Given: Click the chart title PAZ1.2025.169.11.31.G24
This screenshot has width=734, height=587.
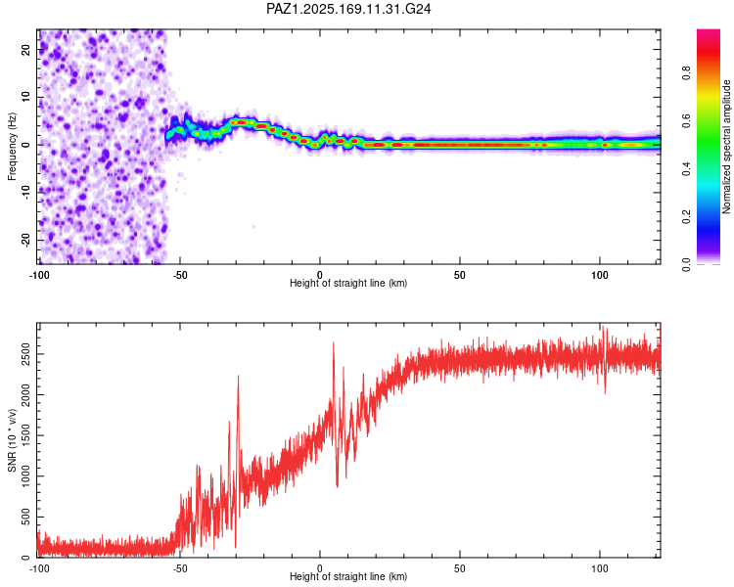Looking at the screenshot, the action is (348, 9).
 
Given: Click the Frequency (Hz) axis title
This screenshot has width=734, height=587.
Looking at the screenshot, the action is (12, 147).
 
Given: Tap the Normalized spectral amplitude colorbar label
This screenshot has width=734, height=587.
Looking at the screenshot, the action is (726, 147).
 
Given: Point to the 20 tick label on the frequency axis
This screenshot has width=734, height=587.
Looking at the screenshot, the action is (25, 49).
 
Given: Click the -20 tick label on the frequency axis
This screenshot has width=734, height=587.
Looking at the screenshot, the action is (25, 240).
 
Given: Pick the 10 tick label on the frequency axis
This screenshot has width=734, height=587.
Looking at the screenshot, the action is (25, 97).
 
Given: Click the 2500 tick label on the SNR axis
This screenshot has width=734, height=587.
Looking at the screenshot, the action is (25, 354).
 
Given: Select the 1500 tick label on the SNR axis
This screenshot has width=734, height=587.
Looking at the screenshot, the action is (25, 435).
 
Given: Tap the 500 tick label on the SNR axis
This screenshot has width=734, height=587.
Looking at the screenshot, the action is (25, 517).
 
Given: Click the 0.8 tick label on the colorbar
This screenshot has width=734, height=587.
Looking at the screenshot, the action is (686, 73).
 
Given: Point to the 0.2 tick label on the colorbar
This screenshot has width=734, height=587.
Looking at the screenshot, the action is (686, 217).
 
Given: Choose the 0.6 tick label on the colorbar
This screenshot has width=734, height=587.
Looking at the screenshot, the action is (686, 120).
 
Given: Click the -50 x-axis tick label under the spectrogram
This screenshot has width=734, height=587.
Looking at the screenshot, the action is (180, 275).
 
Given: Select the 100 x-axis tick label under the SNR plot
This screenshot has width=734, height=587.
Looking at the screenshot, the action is (600, 568).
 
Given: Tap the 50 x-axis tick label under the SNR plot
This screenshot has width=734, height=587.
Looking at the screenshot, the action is (460, 568).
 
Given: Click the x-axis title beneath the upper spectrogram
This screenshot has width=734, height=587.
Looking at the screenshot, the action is (348, 283).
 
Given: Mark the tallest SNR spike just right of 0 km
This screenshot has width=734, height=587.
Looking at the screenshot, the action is (334, 342).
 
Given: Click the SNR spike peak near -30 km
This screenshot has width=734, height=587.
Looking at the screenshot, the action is (238, 376).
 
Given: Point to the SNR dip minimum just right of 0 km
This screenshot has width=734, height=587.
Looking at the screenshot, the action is (337, 487).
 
